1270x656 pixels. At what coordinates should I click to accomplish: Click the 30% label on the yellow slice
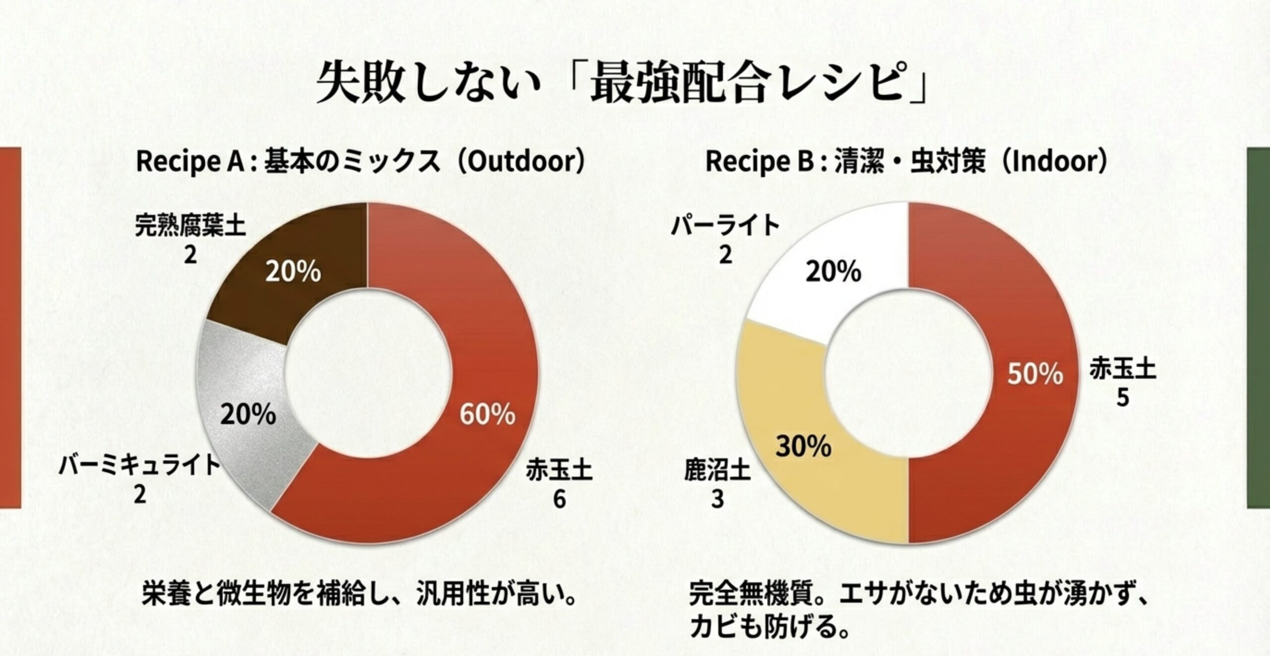[x=804, y=447]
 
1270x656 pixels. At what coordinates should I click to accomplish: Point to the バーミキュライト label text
[x=139, y=466]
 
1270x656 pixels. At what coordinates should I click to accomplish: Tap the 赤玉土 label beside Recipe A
[x=559, y=470]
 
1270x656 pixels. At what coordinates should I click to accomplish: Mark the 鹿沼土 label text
[x=717, y=471]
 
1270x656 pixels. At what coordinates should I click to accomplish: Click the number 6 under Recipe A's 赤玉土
[x=559, y=499]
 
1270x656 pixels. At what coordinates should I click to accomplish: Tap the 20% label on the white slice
[x=833, y=272]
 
